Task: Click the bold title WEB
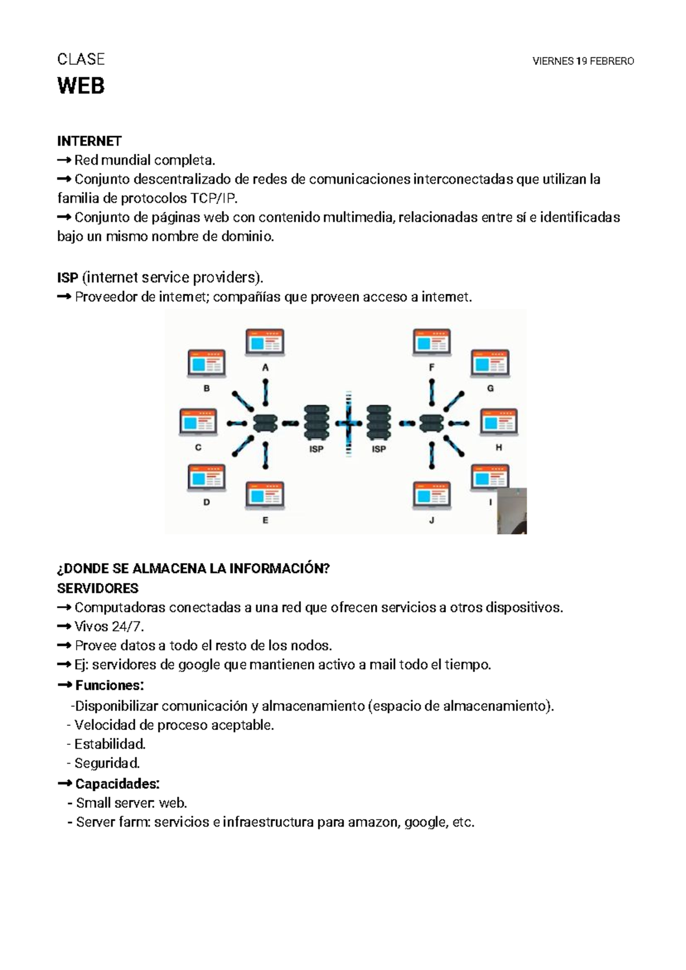[x=81, y=86]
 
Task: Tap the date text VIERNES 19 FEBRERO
[x=583, y=61]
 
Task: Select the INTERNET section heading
[x=89, y=141]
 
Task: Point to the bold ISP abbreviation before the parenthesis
[x=67, y=278]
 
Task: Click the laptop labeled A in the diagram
[x=265, y=344]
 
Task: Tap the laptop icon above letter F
[x=432, y=343]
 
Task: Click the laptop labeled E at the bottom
[x=265, y=496]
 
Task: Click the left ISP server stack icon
[x=317, y=422]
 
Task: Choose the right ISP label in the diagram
[x=379, y=449]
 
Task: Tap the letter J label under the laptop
[x=432, y=520]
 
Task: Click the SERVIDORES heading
[x=98, y=588]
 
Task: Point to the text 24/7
[x=127, y=626]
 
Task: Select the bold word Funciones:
[x=109, y=685]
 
